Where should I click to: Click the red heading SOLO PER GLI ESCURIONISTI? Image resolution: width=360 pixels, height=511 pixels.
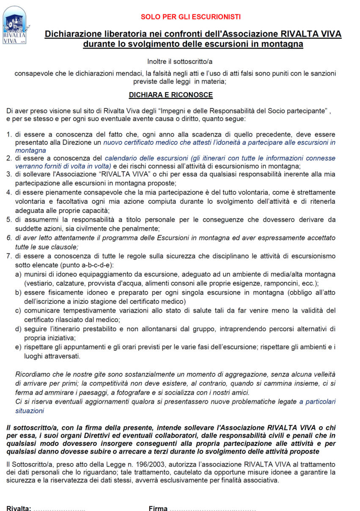[x=190, y=17]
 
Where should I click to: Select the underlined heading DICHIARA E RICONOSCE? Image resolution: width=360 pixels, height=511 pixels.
[x=170, y=95]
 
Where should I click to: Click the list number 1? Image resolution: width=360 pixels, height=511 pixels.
[x=9, y=134]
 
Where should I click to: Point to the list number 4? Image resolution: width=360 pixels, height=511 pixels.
[x=9, y=192]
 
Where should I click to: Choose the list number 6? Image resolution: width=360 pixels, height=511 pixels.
[x=9, y=238]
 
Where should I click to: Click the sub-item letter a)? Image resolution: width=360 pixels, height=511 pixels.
[x=19, y=274]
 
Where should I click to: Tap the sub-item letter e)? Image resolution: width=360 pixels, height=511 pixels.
[x=19, y=347]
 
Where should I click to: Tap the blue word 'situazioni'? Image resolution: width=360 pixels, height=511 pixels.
[x=30, y=410]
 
